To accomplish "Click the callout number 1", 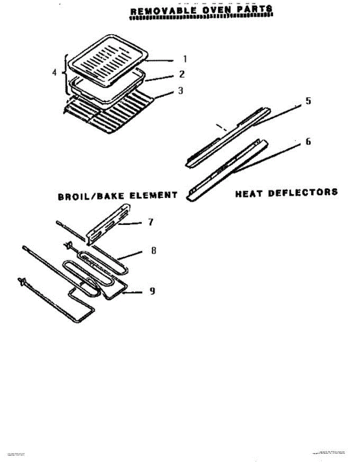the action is [x=185, y=59].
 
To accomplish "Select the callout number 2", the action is [x=181, y=74].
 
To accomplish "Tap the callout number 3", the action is [x=181, y=91].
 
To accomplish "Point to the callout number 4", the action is [x=54, y=73].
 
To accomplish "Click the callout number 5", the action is [x=308, y=101].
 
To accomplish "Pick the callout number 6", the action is [x=308, y=142].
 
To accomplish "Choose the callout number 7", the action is [x=151, y=222].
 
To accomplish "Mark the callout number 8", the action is [x=153, y=251].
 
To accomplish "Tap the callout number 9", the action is [x=153, y=290].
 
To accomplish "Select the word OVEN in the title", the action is [x=213, y=10].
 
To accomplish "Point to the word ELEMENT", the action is [x=153, y=195].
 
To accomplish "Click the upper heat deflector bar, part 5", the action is [x=227, y=136].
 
